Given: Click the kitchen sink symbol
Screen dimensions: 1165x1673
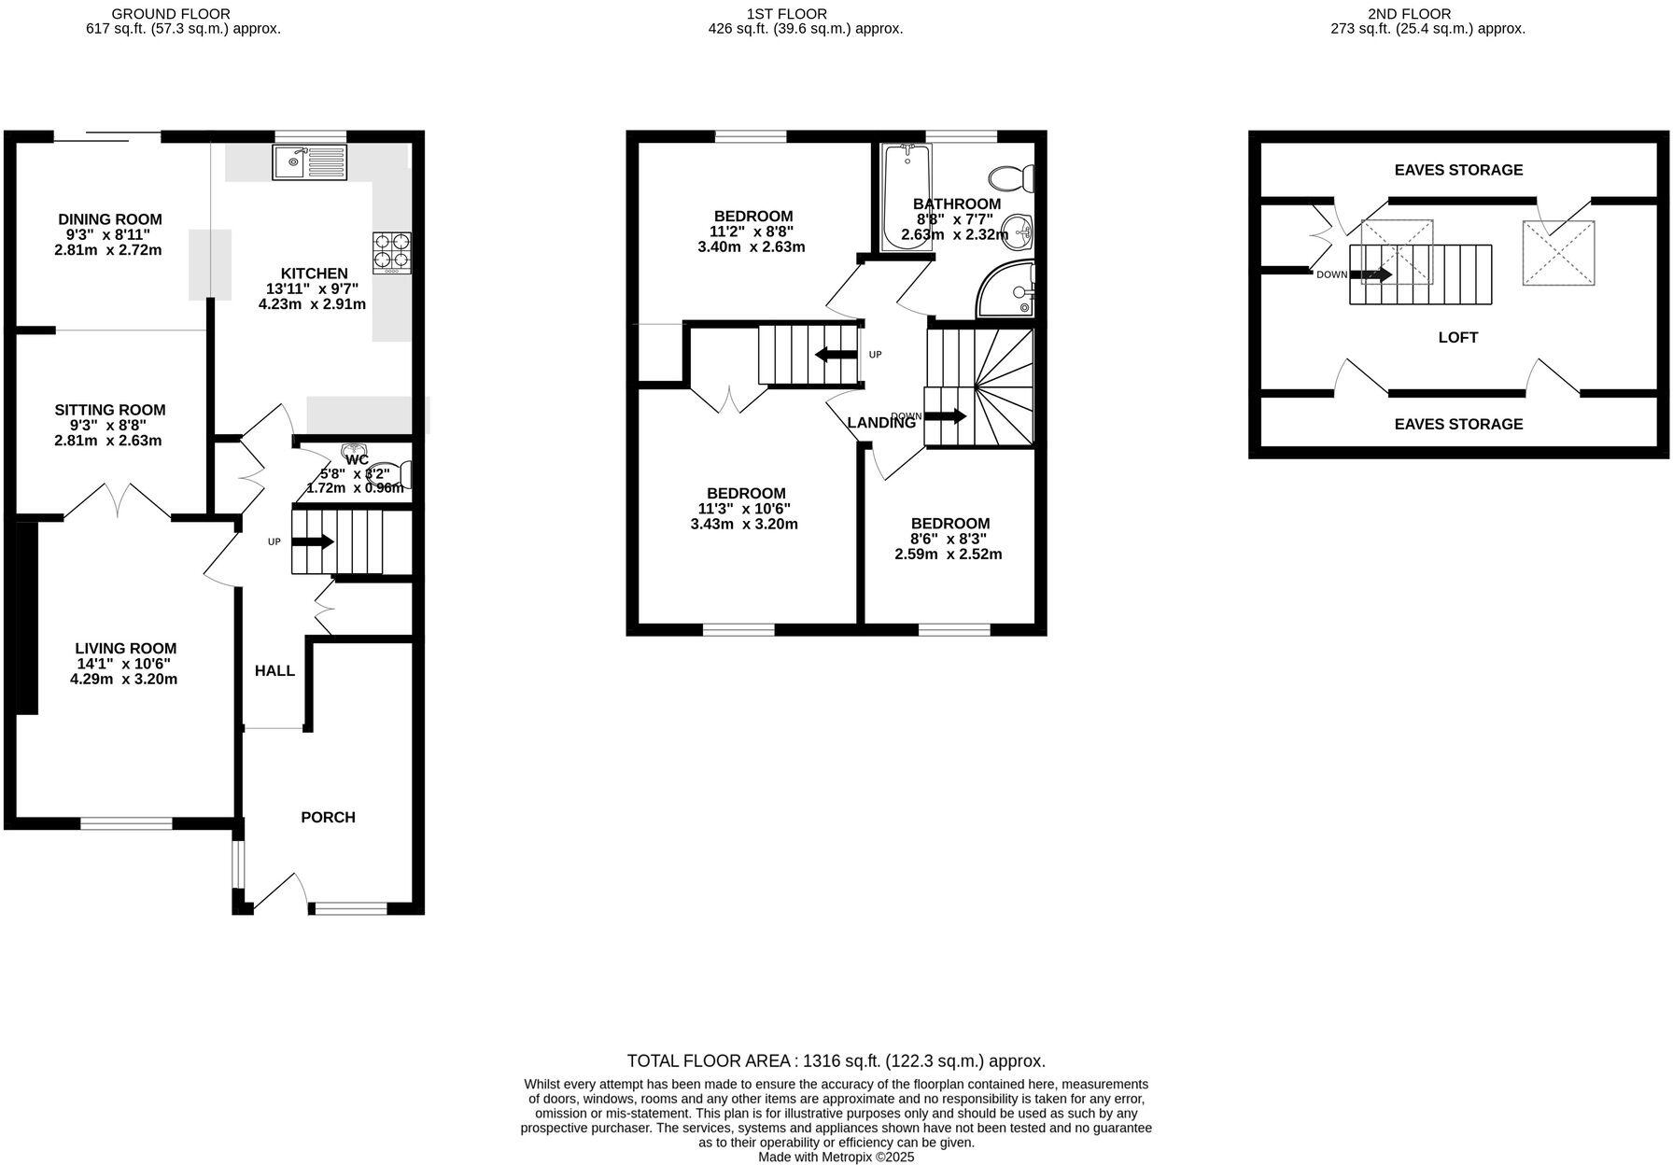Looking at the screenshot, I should click(x=309, y=162).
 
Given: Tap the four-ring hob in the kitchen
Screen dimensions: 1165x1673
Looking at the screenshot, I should click(x=392, y=252).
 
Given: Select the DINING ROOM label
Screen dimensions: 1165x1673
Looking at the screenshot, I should click(x=110, y=219).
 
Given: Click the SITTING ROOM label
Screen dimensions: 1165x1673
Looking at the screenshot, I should click(x=109, y=410).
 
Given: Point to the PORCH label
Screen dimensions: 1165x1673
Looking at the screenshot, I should click(x=328, y=818).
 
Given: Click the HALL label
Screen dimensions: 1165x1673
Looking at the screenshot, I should click(x=274, y=671).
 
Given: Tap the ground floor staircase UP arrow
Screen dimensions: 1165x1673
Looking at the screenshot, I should click(x=313, y=541).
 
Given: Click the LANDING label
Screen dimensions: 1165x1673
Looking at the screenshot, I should click(x=881, y=423).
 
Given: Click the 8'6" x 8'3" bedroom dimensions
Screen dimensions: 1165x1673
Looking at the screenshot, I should click(x=949, y=539).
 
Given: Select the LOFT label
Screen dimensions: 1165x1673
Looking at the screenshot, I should click(x=1457, y=338).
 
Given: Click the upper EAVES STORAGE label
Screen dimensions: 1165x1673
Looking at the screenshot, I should click(x=1458, y=170).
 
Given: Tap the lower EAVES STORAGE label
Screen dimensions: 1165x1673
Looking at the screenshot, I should click(x=1458, y=424).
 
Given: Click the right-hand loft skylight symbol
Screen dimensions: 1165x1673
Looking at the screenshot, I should click(x=1558, y=253).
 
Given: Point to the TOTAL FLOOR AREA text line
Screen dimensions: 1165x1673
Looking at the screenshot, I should click(x=836, y=1061).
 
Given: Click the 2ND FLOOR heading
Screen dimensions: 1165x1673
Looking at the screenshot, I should click(x=1422, y=14).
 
